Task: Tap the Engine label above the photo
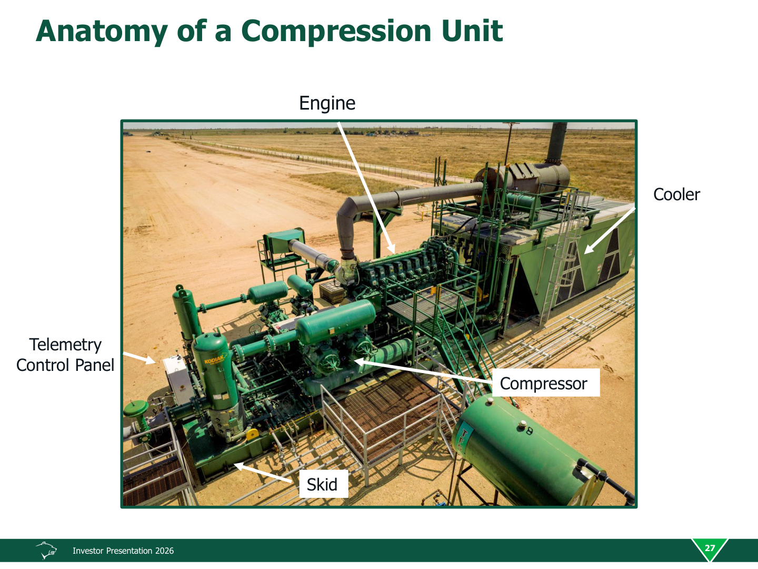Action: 327,103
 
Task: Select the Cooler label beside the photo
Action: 676,194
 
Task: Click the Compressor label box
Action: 546,383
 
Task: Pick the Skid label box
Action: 323,484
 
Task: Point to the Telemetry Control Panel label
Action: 65,355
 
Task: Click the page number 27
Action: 709,548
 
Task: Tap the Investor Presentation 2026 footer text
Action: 123,551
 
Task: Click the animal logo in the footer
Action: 46,550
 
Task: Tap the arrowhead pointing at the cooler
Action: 588,249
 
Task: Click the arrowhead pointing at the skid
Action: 240,466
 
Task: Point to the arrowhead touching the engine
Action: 391,248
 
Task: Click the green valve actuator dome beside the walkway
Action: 136,408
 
